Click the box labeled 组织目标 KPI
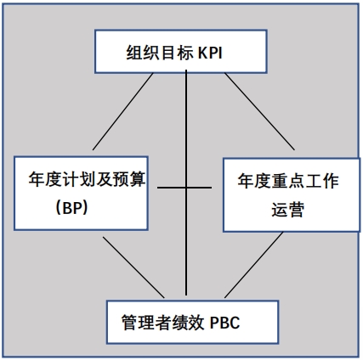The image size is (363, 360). tap(181, 52)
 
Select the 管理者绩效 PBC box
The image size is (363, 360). tap(192, 322)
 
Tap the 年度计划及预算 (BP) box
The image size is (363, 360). tap(81, 193)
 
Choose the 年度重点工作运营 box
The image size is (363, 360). tap(292, 195)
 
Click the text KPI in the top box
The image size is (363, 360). tap(210, 53)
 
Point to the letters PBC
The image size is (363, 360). tap(224, 323)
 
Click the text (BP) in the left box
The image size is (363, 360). tap(71, 208)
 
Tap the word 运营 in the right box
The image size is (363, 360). tap(288, 210)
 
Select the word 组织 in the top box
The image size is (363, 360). tap(143, 53)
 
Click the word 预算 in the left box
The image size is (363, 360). tap(129, 179)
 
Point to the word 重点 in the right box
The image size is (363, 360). tap(288, 181)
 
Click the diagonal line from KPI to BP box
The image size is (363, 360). tap(123, 111)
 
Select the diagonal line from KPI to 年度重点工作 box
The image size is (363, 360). tap(259, 111)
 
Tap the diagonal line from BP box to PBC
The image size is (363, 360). tap(133, 267)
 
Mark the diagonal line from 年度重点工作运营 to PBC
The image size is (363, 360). tap(254, 265)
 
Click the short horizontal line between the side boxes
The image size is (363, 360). tap(184, 188)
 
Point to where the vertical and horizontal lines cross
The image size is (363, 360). tap(186, 188)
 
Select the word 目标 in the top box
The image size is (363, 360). tap(178, 53)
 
